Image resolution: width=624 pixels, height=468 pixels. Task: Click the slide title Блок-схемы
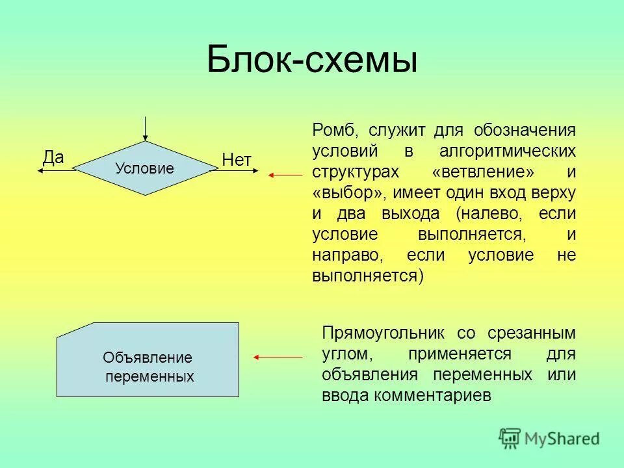pyautogui.click(x=312, y=61)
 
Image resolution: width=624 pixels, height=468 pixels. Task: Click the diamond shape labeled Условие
pyautogui.click(x=144, y=168)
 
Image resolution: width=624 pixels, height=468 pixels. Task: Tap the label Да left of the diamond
pyautogui.click(x=53, y=157)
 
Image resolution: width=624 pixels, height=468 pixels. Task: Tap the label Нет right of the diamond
pyautogui.click(x=237, y=160)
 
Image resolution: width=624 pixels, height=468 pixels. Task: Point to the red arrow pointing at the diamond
pyautogui.click(x=286, y=175)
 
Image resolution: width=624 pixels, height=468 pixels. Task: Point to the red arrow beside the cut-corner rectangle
pyautogui.click(x=278, y=357)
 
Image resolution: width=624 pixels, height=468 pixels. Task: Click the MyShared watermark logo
pyautogui.click(x=549, y=438)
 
